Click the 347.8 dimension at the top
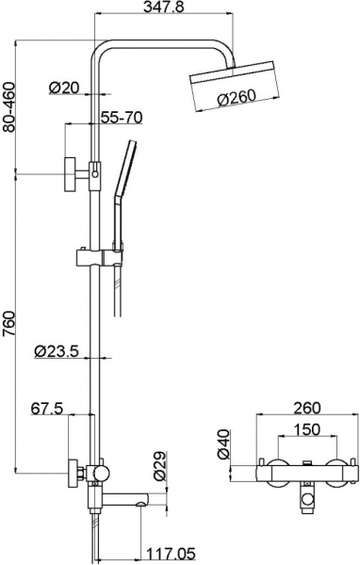point(162,7)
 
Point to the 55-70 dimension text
point(122,118)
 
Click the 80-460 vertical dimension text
point(8,107)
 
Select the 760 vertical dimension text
point(8,322)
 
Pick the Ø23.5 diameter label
point(57,351)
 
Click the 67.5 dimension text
point(47,409)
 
